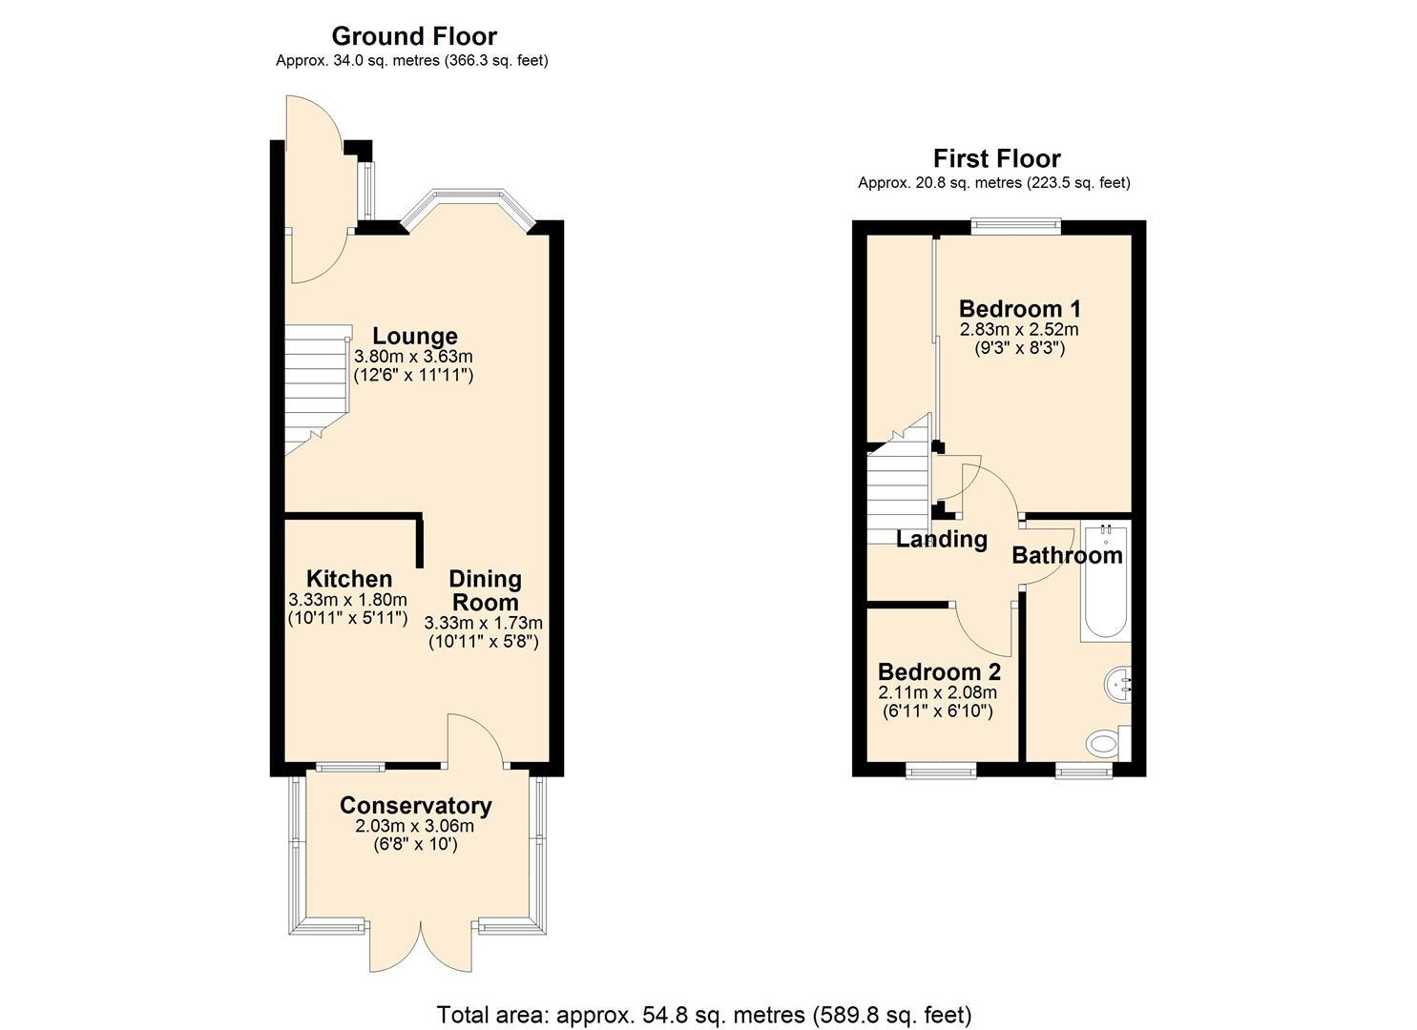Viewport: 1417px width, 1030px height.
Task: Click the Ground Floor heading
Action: click(x=413, y=36)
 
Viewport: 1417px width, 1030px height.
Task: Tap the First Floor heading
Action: click(x=996, y=158)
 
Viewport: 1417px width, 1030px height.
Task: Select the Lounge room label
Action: click(x=414, y=336)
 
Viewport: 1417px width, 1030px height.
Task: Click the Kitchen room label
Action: click(x=348, y=579)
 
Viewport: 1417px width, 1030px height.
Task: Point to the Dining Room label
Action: click(x=485, y=590)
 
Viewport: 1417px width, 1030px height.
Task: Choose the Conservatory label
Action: click(x=415, y=805)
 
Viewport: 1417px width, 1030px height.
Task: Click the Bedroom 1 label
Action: click(x=1019, y=309)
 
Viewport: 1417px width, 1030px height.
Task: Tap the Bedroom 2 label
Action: click(x=938, y=671)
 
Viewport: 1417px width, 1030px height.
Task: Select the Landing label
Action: click(x=941, y=539)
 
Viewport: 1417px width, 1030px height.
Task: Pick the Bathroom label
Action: click(x=1066, y=555)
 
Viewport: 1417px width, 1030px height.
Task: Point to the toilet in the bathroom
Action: click(x=1106, y=741)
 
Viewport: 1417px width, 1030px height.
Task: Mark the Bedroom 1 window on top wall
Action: click(x=1015, y=226)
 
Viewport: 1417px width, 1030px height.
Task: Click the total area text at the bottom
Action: click(x=703, y=1014)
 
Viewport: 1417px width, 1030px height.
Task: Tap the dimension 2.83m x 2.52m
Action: click(x=1019, y=330)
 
